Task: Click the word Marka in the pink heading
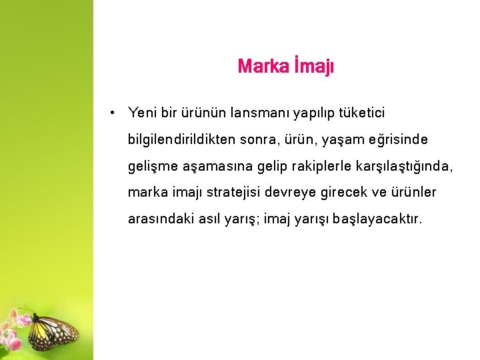[263, 67]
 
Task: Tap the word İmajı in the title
[313, 67]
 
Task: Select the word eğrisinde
[397, 140]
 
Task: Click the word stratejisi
[233, 193]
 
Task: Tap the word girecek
[346, 193]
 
